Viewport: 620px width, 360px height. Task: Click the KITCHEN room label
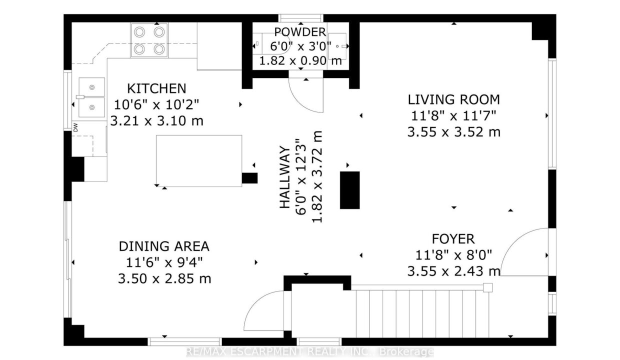(156, 88)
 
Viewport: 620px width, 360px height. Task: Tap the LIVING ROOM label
(454, 99)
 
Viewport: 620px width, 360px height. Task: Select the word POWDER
(300, 32)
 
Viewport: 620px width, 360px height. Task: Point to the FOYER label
(453, 239)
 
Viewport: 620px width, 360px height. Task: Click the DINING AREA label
(164, 246)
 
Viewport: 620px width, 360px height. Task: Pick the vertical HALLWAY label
(285, 177)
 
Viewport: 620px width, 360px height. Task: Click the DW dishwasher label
(75, 127)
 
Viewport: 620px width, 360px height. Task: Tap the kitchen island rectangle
(199, 161)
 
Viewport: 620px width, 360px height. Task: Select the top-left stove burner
(139, 32)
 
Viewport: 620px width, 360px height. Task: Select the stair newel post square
(488, 287)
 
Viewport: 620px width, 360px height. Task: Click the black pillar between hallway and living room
(350, 190)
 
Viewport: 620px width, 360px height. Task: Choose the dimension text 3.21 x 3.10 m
(156, 121)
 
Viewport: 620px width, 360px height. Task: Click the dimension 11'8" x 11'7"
(454, 115)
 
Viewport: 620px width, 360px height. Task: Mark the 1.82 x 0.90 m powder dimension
(300, 60)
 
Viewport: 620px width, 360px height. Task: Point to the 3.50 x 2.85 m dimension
(164, 278)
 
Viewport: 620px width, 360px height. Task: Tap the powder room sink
(337, 46)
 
